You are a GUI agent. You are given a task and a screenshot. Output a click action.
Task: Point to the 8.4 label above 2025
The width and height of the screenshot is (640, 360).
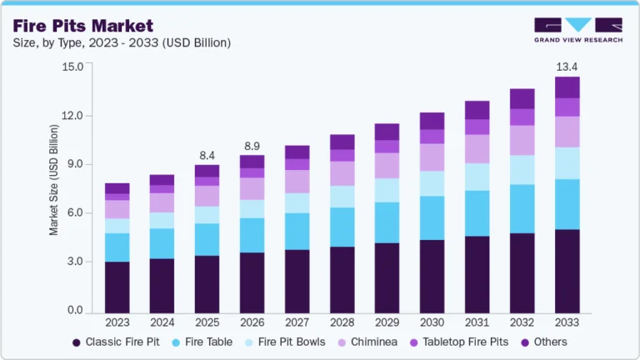click(207, 155)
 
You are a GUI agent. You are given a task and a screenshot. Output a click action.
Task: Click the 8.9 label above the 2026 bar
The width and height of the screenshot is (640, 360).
click(252, 146)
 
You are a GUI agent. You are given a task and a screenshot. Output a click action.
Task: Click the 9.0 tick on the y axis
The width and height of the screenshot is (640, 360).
click(76, 164)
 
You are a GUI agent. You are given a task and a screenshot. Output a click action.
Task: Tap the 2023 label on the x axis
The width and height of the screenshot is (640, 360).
click(117, 322)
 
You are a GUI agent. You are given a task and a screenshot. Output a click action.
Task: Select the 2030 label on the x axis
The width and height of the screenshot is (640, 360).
click(431, 322)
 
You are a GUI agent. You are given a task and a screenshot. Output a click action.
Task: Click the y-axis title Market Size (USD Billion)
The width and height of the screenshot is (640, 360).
click(54, 180)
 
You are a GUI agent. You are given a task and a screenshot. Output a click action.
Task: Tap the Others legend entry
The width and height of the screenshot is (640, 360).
click(542, 342)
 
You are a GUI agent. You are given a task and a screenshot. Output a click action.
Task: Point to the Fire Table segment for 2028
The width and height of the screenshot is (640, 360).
click(342, 227)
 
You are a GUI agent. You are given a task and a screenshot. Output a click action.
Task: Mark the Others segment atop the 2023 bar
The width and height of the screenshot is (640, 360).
click(117, 188)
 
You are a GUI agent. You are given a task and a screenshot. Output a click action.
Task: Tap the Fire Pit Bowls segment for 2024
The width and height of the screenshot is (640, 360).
click(162, 220)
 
